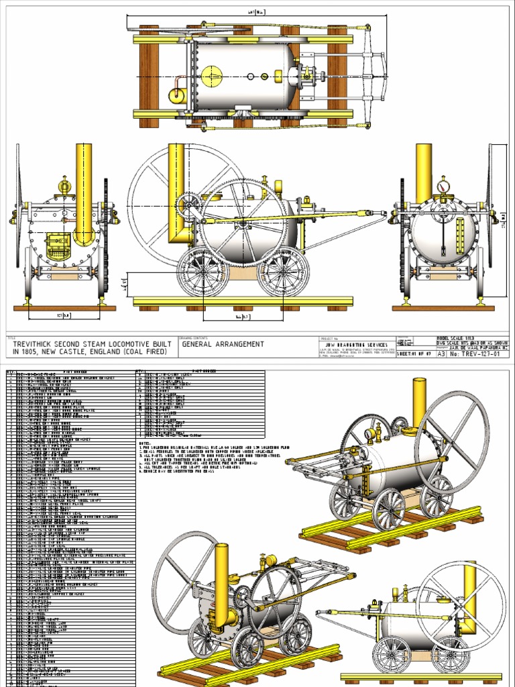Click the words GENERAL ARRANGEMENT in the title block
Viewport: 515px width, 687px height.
point(222,345)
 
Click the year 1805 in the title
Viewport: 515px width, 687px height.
point(36,352)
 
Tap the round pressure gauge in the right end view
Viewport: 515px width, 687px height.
point(443,185)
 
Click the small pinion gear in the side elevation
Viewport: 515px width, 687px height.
point(189,203)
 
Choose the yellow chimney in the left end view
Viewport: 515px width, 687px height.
point(84,188)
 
